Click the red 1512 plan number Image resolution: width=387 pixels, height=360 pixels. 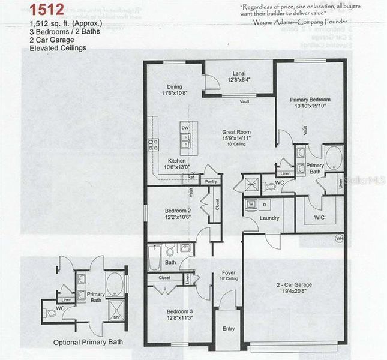point(44,10)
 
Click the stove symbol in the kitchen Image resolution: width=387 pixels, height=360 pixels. point(154,145)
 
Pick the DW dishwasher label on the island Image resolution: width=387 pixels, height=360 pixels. point(185,128)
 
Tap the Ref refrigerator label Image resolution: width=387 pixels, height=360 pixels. point(191,178)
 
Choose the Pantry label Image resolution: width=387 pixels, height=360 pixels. point(210,181)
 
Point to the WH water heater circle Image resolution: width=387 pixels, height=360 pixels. point(339,237)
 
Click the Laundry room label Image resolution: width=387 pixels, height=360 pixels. point(269,217)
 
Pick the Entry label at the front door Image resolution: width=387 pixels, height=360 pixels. point(229,329)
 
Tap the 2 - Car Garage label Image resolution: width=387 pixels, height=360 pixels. point(294,290)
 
